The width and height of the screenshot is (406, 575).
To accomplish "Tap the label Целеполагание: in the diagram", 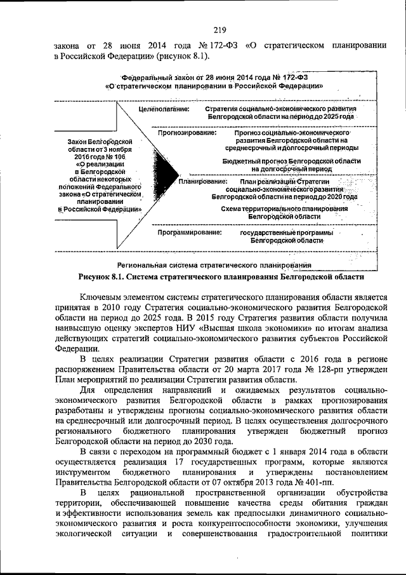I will point(164,109).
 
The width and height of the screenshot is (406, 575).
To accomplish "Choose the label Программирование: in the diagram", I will point(190,233).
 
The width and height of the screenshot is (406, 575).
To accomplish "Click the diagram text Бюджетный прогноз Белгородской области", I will point(292,162).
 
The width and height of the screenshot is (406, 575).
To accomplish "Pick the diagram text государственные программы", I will point(284,233).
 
